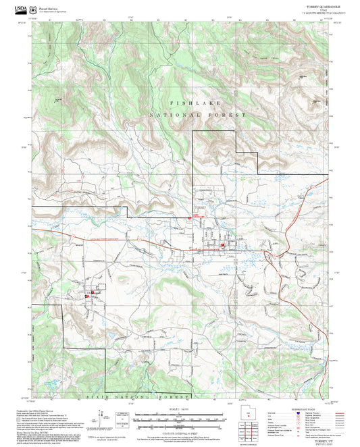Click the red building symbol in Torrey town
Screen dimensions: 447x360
click(222, 244)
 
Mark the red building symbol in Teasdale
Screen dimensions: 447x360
click(86, 295)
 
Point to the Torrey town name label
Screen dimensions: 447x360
click(200, 209)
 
